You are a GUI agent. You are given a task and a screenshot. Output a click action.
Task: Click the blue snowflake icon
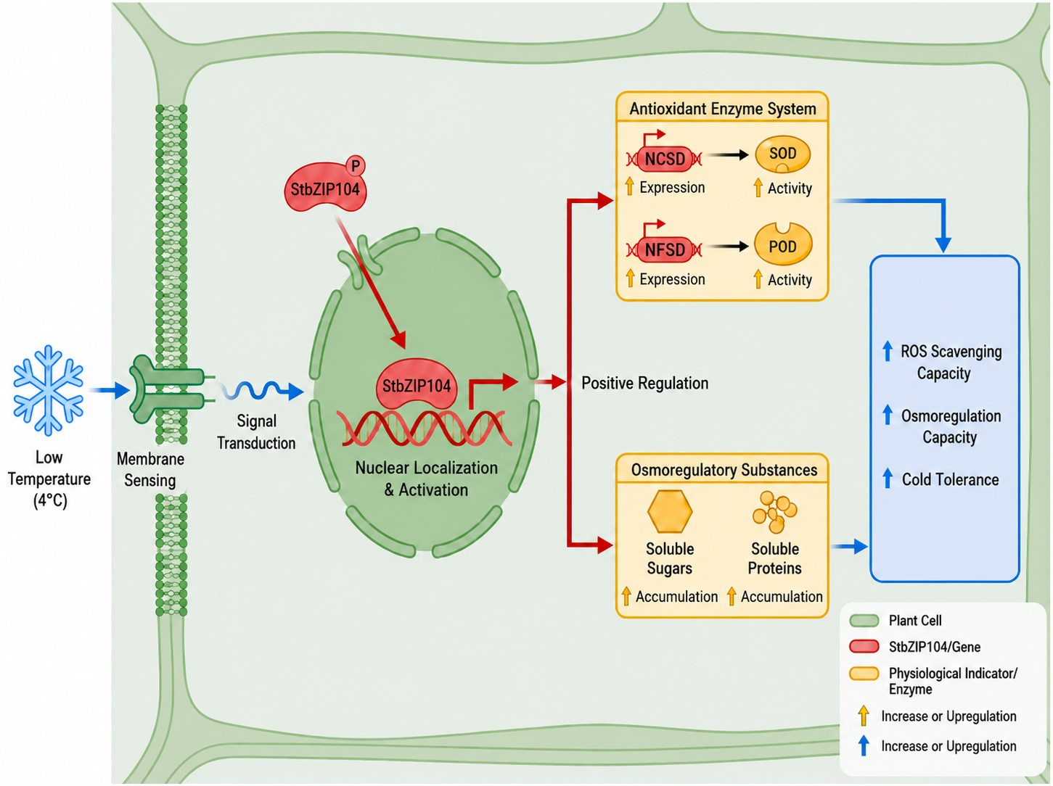pyautogui.click(x=49, y=390)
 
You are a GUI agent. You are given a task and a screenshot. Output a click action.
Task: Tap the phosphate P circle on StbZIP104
pyautogui.click(x=356, y=166)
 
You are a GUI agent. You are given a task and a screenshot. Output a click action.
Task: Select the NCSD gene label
pyautogui.click(x=665, y=159)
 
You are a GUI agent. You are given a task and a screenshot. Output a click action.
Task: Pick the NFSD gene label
pyautogui.click(x=665, y=249)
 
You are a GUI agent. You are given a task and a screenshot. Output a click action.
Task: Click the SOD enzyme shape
pyautogui.click(x=783, y=154)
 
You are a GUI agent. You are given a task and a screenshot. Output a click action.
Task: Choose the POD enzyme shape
pyautogui.click(x=783, y=244)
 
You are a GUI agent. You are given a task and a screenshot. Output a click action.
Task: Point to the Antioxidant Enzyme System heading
pyautogui.click(x=723, y=109)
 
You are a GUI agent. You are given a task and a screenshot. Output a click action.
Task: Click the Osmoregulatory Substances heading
pyautogui.click(x=724, y=470)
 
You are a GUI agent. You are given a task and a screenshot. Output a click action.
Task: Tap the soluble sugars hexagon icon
pyautogui.click(x=670, y=511)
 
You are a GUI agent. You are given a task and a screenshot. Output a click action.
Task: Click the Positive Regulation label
pyautogui.click(x=644, y=383)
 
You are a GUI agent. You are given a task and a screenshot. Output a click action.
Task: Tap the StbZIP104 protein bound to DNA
pyautogui.click(x=417, y=384)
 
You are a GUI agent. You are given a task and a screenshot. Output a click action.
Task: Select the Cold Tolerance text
pyautogui.click(x=950, y=479)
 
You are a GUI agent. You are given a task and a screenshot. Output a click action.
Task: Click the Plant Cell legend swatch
pyautogui.click(x=864, y=621)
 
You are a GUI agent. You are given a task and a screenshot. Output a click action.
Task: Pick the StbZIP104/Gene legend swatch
pyautogui.click(x=864, y=647)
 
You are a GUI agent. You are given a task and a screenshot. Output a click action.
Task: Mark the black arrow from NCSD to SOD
pyautogui.click(x=728, y=154)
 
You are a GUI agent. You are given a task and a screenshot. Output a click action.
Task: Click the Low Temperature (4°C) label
pyautogui.click(x=49, y=479)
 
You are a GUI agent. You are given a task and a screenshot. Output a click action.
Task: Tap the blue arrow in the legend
pyautogui.click(x=864, y=745)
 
